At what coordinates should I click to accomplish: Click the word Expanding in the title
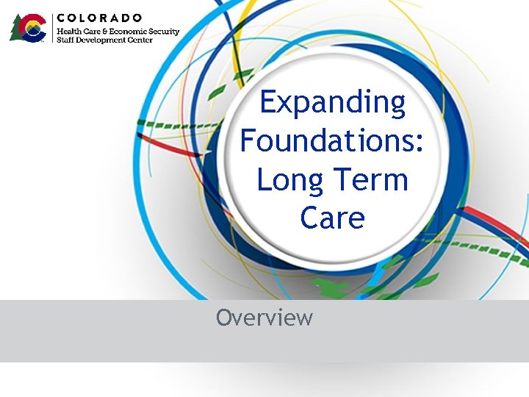pos(332,103)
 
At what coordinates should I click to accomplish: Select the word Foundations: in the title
pos(332,140)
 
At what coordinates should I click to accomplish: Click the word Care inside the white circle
pos(332,218)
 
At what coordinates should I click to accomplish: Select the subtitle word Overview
pos(264,318)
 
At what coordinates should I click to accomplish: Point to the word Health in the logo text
pos(70,32)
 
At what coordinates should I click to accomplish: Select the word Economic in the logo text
pos(127,32)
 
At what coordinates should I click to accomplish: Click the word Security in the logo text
pos(163,32)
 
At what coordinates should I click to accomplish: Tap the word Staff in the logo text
pos(65,40)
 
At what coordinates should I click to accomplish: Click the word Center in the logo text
pos(140,40)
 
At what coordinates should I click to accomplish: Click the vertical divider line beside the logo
pos(51,28)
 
